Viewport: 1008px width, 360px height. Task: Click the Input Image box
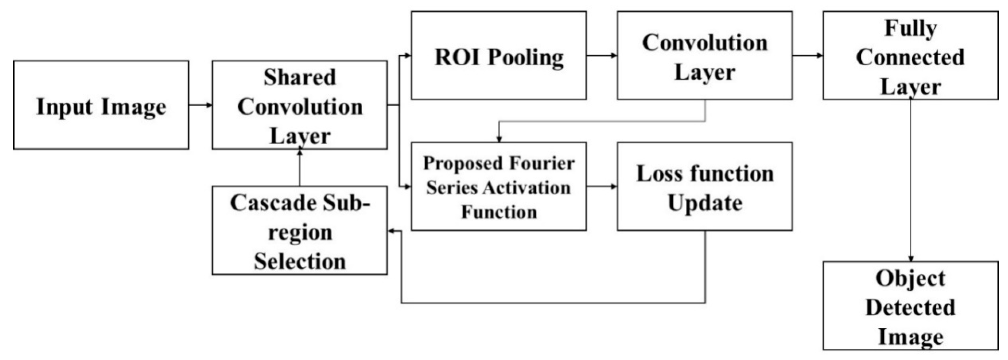tap(101, 105)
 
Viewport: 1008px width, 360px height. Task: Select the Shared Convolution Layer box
tap(300, 105)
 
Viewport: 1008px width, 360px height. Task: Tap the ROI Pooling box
tap(499, 55)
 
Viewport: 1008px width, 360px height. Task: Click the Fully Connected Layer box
tap(910, 55)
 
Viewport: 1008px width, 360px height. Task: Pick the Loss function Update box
tap(705, 186)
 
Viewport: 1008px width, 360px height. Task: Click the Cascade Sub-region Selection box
tap(300, 230)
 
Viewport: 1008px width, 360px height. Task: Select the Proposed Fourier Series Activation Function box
tap(499, 186)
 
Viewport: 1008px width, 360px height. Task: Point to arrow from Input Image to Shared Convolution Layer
tap(200, 105)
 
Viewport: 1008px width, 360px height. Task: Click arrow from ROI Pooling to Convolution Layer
tap(601, 55)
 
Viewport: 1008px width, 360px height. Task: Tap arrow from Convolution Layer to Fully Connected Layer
tap(807, 55)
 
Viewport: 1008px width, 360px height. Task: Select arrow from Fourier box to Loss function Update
tap(601, 186)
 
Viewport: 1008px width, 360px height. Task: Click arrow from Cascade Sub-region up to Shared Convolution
tap(300, 168)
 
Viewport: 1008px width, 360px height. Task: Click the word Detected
tap(910, 307)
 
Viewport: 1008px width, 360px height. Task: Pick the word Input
tap(64, 106)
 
